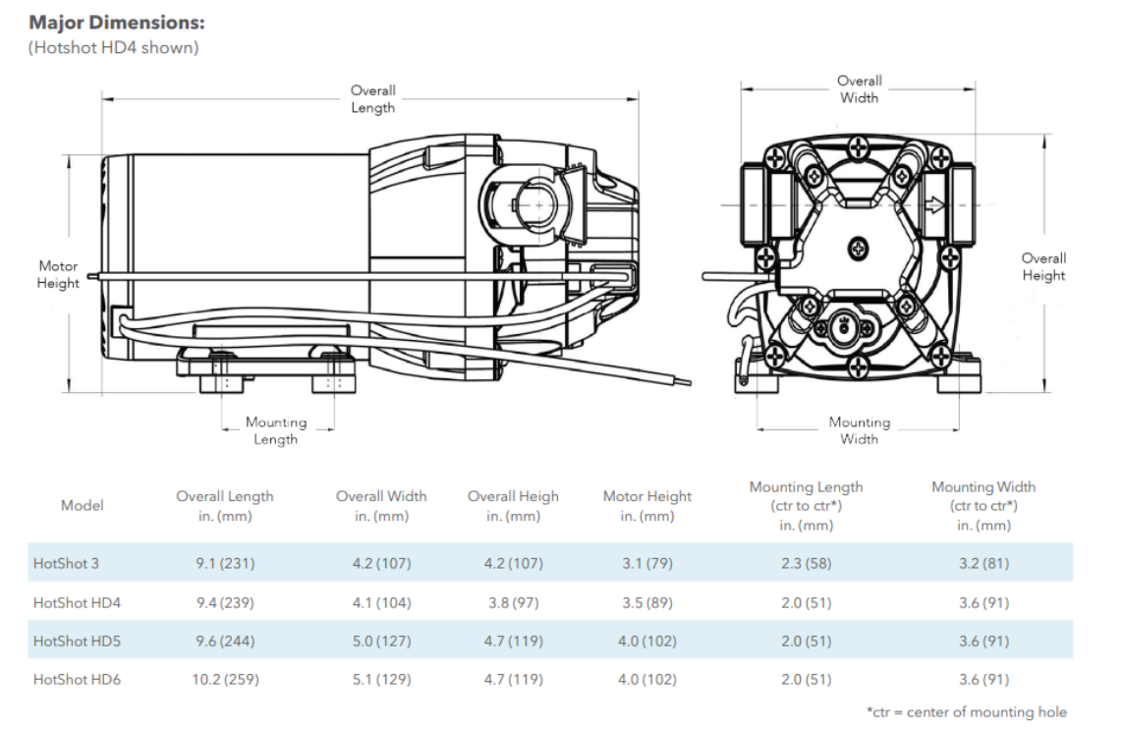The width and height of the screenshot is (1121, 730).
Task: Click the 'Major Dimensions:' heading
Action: pyautogui.click(x=118, y=23)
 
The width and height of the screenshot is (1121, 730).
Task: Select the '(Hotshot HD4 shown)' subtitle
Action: pyautogui.click(x=113, y=47)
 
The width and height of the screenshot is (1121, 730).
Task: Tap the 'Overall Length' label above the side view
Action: pyautogui.click(x=373, y=99)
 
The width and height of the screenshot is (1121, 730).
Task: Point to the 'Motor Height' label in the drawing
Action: pyautogui.click(x=58, y=274)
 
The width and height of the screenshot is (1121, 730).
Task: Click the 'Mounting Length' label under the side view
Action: pyautogui.click(x=276, y=430)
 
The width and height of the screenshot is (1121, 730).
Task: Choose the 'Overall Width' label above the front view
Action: pyautogui.click(x=859, y=89)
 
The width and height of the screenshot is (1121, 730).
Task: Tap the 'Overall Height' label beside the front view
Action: pyautogui.click(x=1043, y=267)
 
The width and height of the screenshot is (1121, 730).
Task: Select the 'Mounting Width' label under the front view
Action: pyautogui.click(x=860, y=430)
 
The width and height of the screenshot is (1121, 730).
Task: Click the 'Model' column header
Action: pyautogui.click(x=82, y=505)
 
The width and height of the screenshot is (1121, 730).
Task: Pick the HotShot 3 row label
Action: pyautogui.click(x=66, y=564)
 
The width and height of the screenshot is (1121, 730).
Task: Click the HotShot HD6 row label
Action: pyautogui.click(x=77, y=679)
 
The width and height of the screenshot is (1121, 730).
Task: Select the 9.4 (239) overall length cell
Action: pyautogui.click(x=225, y=602)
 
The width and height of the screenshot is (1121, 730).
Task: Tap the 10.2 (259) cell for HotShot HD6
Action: pyautogui.click(x=225, y=679)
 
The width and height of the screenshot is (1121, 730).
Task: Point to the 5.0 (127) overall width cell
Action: pyautogui.click(x=381, y=641)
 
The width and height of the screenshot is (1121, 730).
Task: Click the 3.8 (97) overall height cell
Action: pyautogui.click(x=513, y=602)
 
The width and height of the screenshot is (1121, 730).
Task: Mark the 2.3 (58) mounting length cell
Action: pyautogui.click(x=806, y=564)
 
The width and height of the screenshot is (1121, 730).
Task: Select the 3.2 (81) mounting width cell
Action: pyautogui.click(x=983, y=564)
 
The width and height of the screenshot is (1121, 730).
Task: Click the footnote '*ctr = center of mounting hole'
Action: pyautogui.click(x=966, y=712)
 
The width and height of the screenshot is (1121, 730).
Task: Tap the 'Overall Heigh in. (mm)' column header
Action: pyautogui.click(x=513, y=506)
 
